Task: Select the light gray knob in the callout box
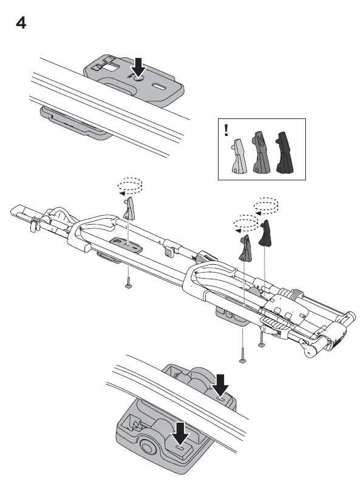[x=237, y=156]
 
